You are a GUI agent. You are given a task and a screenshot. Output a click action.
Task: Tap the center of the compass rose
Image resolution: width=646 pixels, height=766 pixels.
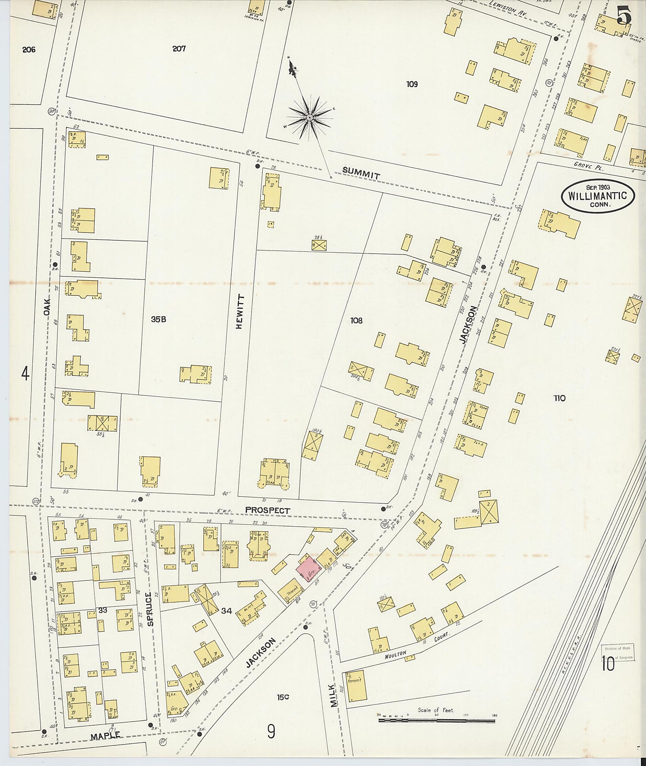(x=309, y=117)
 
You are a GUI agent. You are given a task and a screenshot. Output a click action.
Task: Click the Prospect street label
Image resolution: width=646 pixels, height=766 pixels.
(x=267, y=510)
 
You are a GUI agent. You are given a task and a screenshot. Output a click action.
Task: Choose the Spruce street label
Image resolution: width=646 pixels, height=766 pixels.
(x=149, y=608)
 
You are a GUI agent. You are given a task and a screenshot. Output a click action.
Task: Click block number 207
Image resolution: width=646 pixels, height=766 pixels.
(x=179, y=49)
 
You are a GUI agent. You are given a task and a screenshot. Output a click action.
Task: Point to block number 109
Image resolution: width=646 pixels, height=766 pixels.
(x=412, y=84)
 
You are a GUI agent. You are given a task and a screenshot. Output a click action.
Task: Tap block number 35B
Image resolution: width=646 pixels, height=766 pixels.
(x=158, y=319)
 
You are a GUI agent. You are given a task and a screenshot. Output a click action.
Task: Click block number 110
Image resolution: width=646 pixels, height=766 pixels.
(x=559, y=398)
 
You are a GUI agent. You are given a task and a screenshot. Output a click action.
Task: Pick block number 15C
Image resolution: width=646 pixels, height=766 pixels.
(x=283, y=697)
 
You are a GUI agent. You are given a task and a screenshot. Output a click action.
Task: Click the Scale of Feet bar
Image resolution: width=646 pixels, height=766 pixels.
(x=436, y=719)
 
